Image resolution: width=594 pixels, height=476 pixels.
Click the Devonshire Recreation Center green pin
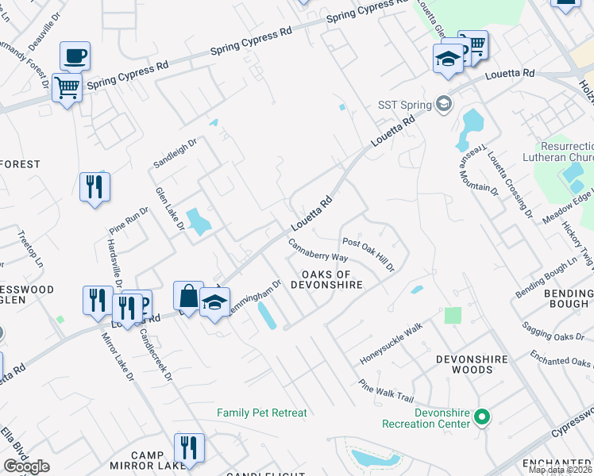tap(480, 416)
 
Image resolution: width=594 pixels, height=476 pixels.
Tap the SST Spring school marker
tap(443, 104)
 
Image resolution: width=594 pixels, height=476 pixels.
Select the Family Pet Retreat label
tap(262, 413)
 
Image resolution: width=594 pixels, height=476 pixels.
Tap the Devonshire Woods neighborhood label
tap(472, 364)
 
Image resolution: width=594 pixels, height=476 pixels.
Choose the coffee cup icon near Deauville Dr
tap(75, 56)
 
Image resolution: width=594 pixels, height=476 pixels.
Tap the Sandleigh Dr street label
tap(174, 152)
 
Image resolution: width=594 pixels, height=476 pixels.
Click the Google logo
tap(26, 466)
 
